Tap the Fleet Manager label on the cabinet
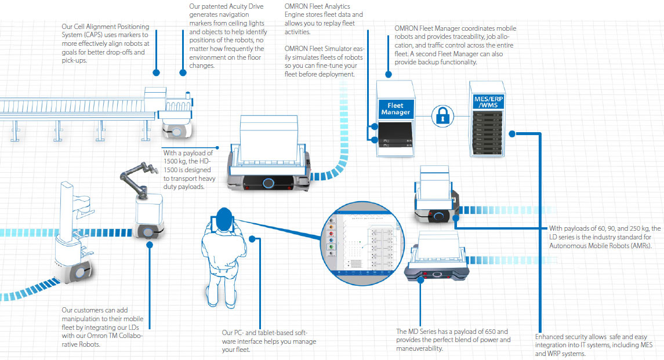[x=396, y=108]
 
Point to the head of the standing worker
[x=224, y=216]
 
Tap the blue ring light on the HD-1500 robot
[x=268, y=183]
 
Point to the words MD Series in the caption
[x=425, y=331]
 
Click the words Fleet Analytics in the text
[x=330, y=6]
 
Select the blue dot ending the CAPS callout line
[x=156, y=73]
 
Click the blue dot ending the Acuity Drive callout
[x=183, y=73]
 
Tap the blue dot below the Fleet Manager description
[x=388, y=75]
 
